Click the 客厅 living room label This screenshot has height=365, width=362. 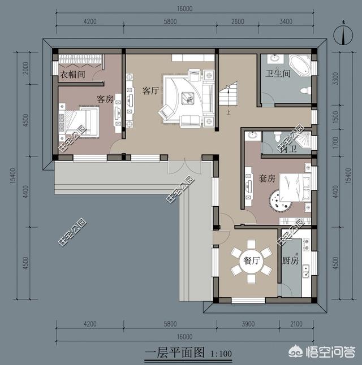tap(150, 90)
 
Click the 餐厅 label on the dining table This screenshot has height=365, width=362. tap(251, 260)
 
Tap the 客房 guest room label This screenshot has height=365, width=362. tap(105, 99)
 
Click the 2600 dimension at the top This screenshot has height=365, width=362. tap(238, 21)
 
